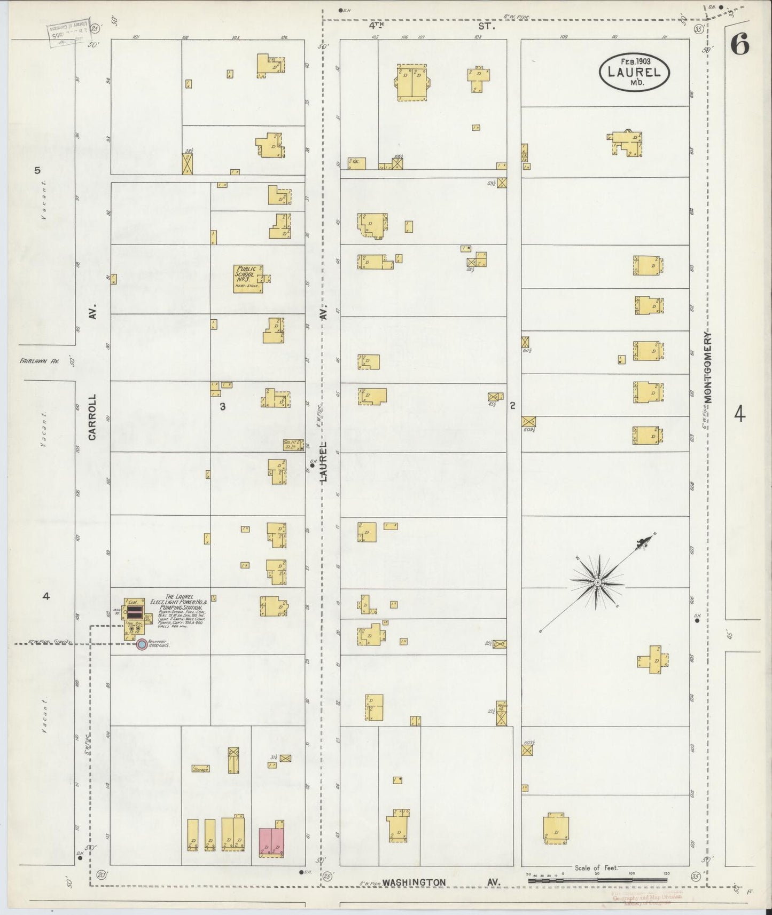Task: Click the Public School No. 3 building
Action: click(x=247, y=278)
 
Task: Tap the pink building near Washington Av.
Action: click(x=271, y=843)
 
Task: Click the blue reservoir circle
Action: click(x=142, y=645)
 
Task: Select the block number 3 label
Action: click(x=223, y=407)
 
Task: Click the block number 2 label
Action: click(x=512, y=406)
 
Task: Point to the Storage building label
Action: click(x=201, y=769)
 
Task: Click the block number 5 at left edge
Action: click(x=37, y=171)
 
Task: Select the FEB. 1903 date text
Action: click(x=635, y=61)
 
